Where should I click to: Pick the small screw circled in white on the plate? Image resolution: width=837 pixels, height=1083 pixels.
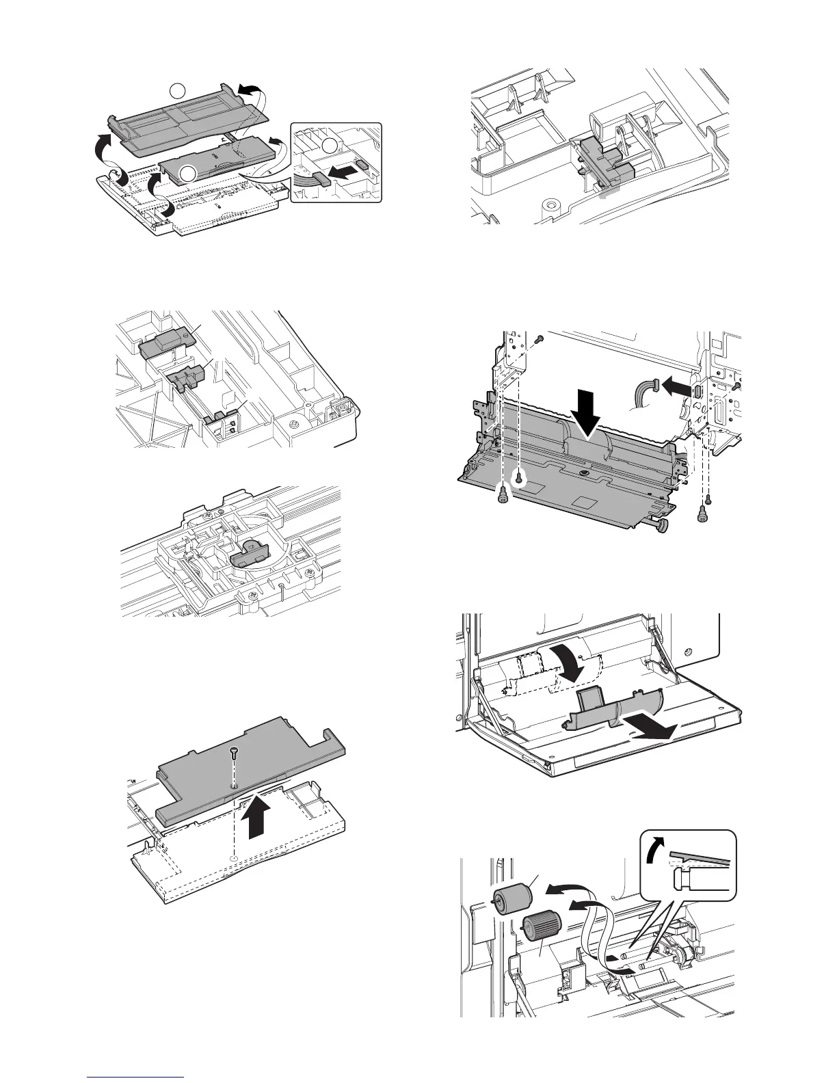518,480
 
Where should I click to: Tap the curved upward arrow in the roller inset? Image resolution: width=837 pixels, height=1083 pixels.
657,852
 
